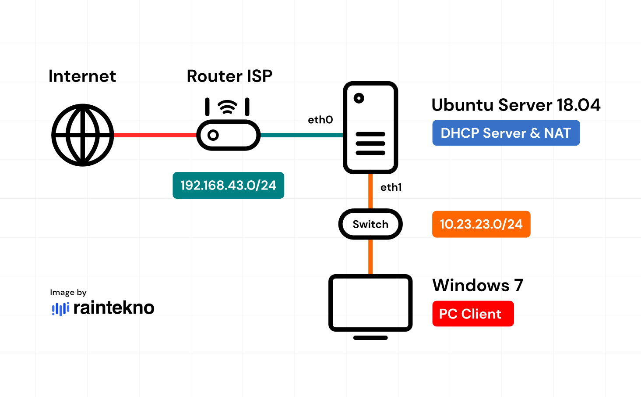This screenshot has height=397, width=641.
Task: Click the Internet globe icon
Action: click(x=83, y=135)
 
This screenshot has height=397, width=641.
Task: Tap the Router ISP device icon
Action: click(x=229, y=135)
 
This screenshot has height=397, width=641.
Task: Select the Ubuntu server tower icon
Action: click(x=370, y=127)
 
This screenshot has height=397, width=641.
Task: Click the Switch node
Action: click(x=370, y=224)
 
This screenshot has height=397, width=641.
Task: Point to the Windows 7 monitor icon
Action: click(x=370, y=303)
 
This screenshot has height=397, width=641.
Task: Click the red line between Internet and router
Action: click(x=155, y=135)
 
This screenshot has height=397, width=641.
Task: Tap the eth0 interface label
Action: click(x=320, y=120)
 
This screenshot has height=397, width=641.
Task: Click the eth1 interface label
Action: click(x=391, y=187)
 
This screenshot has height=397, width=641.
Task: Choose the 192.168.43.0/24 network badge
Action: click(x=228, y=185)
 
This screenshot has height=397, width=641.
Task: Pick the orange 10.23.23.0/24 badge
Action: click(x=481, y=224)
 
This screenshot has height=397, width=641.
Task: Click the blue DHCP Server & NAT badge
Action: click(x=506, y=133)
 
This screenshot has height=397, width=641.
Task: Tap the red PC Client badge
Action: click(x=473, y=314)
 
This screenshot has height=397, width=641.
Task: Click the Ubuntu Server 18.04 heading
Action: click(x=516, y=105)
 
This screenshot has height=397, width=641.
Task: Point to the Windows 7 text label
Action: click(x=478, y=286)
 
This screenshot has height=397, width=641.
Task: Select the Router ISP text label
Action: click(x=229, y=76)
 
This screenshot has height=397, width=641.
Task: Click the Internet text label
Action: click(x=82, y=76)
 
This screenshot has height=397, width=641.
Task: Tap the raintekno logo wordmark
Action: click(x=113, y=308)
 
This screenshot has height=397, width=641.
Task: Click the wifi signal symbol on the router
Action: click(x=227, y=107)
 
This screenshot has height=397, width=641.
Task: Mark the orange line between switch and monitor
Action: click(x=370, y=257)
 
